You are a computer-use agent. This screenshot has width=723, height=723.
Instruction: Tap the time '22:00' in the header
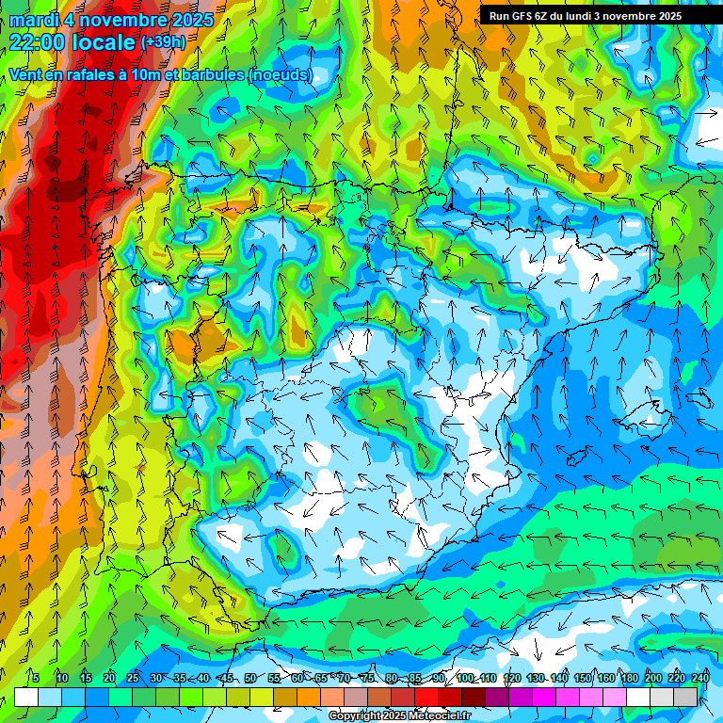(38, 41)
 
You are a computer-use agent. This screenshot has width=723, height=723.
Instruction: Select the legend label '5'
(36, 678)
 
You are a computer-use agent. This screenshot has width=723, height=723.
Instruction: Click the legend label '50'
(249, 678)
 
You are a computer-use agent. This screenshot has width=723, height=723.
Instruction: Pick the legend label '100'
(465, 678)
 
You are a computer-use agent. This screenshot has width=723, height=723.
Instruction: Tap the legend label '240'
(700, 678)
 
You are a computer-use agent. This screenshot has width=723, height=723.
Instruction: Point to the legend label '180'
(630, 678)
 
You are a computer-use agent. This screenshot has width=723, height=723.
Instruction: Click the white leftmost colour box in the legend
(26, 697)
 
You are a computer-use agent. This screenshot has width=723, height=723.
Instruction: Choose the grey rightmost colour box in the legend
(686, 697)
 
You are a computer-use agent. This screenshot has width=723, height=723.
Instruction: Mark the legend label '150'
(583, 678)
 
